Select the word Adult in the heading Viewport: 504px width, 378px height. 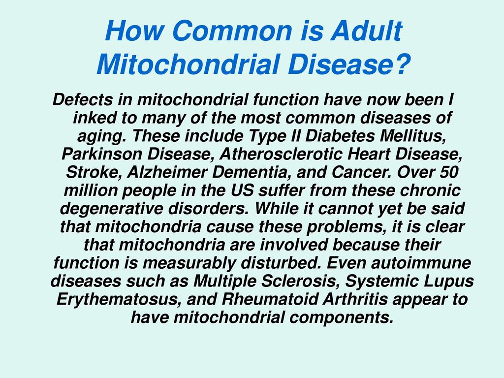(366, 31)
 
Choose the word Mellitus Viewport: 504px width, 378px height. (413, 136)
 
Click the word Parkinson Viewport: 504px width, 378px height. (101, 154)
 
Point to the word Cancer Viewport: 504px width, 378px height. (362, 172)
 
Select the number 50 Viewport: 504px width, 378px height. (448, 172)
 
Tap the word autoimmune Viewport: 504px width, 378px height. (421, 263)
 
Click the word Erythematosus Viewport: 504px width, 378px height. (120, 299)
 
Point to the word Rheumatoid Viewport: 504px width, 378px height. (270, 299)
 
